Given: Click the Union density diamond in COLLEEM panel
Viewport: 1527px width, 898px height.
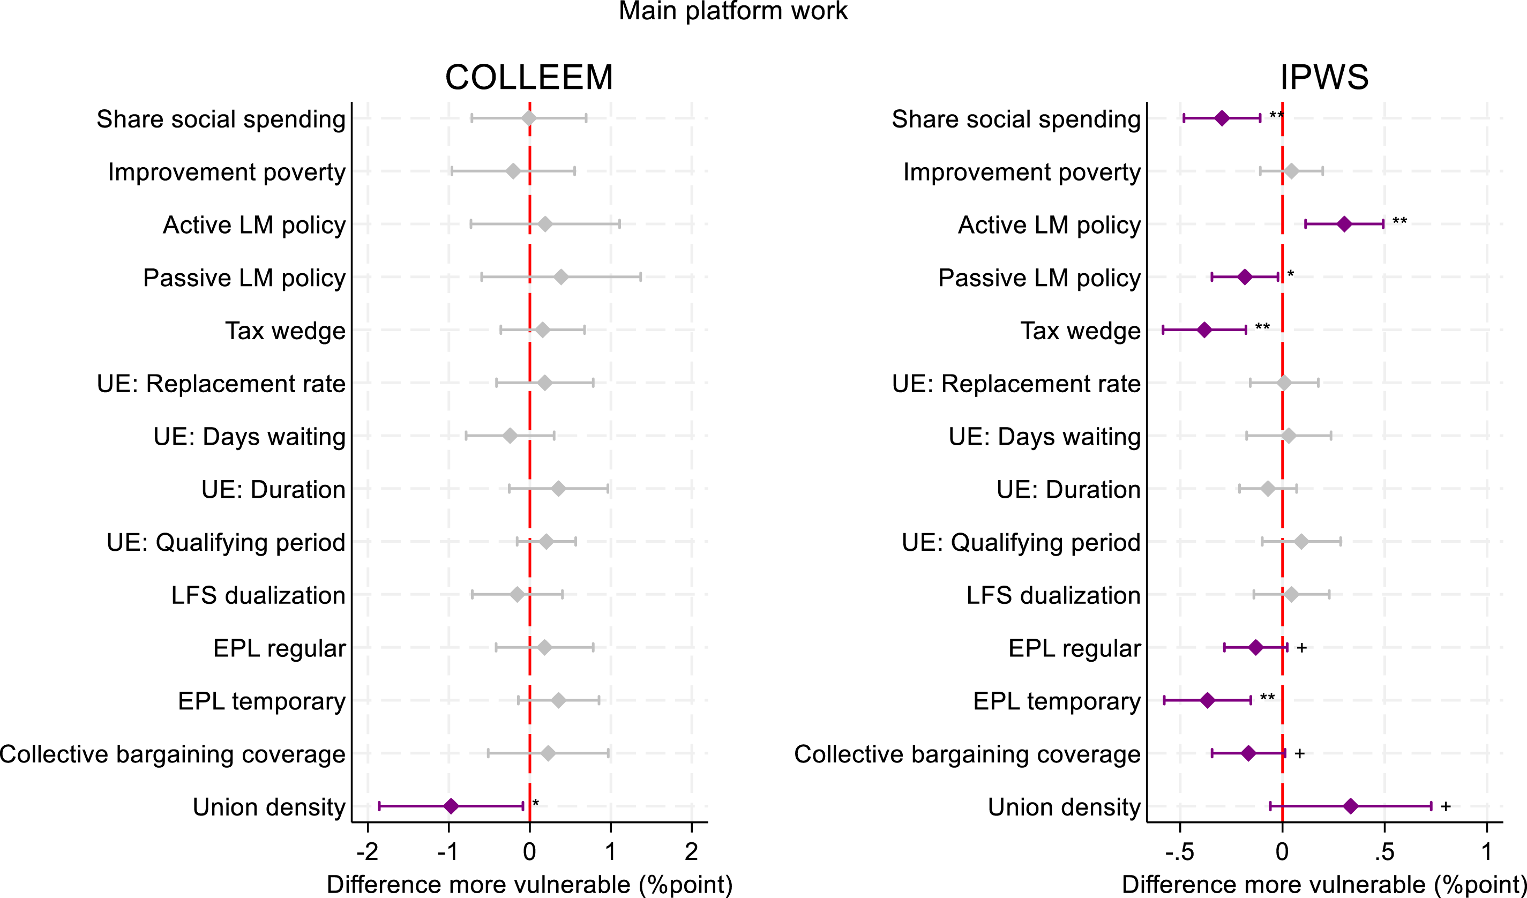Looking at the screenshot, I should click(450, 806).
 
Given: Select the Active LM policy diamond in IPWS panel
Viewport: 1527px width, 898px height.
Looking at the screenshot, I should click(1344, 224).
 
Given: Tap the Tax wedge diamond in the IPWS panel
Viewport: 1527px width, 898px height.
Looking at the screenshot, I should click(1204, 330).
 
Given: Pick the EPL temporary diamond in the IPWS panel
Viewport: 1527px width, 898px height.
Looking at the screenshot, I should click(1207, 700).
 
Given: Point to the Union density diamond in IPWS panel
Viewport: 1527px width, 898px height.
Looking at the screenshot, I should click(1350, 806).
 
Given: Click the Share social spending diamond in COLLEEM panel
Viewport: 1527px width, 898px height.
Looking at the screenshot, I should click(528, 118).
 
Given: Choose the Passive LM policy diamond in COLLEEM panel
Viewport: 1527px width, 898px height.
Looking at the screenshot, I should click(560, 277).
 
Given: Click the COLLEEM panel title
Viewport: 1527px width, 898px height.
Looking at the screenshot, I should click(529, 78).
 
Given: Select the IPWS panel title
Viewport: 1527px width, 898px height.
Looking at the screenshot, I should click(1324, 78).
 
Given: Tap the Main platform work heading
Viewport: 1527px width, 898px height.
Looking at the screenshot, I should click(732, 11).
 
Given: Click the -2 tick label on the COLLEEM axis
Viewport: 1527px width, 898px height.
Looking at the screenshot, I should click(367, 852).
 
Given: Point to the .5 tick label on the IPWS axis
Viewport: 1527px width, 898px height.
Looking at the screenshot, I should click(1384, 852).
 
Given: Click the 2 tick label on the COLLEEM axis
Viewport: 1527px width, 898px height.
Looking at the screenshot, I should click(691, 852).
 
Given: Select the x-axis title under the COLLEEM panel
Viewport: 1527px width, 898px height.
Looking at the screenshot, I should click(529, 885).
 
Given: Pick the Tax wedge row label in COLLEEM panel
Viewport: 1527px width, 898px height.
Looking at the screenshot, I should click(285, 331).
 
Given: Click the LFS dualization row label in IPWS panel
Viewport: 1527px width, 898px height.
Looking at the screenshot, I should click(1053, 595).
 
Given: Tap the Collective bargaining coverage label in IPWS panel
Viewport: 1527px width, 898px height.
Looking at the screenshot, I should click(967, 754).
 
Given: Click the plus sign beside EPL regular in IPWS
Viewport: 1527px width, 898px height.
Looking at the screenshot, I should click(1301, 648).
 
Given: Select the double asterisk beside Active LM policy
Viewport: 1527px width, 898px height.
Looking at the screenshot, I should click(1399, 221).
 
